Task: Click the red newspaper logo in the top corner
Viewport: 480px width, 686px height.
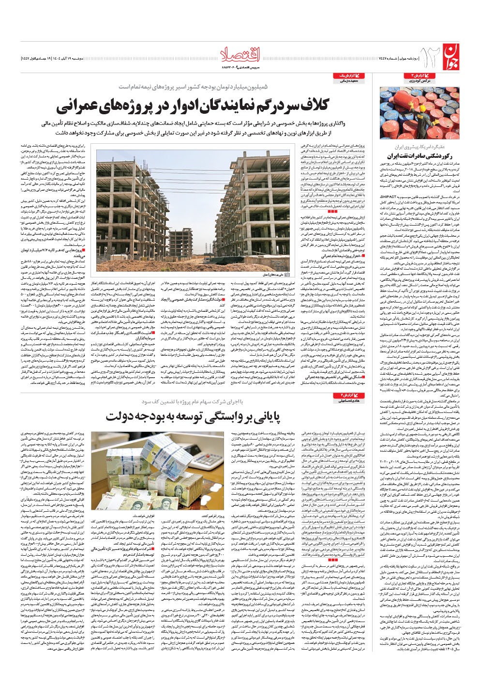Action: (x=450, y=57)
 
